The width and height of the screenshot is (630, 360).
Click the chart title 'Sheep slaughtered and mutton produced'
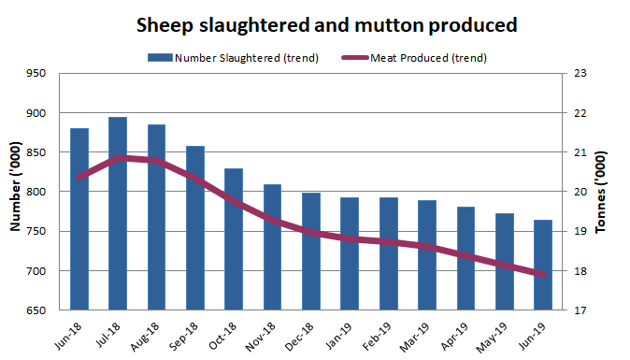[327, 23]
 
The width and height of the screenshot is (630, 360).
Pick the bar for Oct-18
[234, 239]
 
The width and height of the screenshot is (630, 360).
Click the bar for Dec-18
[311, 252]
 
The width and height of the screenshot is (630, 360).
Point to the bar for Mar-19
[427, 255]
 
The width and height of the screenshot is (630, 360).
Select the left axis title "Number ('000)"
[15, 192]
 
